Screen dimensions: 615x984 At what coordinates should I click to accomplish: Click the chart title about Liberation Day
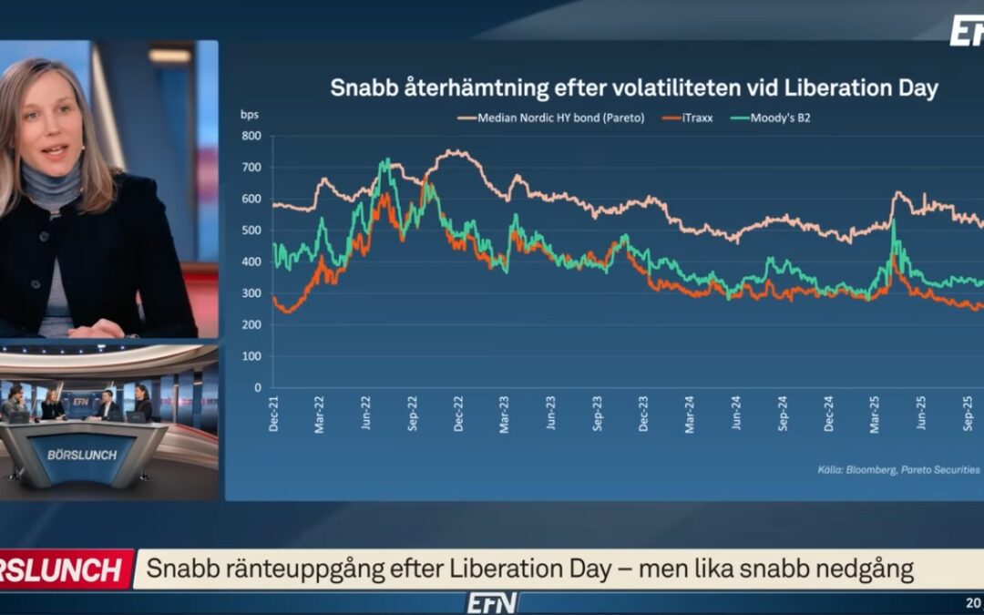click(x=633, y=88)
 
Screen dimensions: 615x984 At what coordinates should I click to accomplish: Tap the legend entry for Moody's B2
click(x=774, y=118)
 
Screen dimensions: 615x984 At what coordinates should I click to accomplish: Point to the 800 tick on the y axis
click(x=252, y=136)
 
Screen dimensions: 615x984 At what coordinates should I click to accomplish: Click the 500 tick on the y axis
click(x=252, y=231)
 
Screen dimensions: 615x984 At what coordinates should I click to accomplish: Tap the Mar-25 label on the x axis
click(x=876, y=413)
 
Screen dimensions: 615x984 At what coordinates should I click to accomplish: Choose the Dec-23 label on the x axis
click(x=644, y=413)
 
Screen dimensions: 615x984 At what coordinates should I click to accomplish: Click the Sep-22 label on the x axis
click(x=413, y=413)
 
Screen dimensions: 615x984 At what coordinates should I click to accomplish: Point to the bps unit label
click(x=249, y=114)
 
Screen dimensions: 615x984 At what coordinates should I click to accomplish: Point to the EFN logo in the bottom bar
click(x=492, y=602)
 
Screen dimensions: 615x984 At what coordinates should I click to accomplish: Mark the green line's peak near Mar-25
click(x=893, y=220)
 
